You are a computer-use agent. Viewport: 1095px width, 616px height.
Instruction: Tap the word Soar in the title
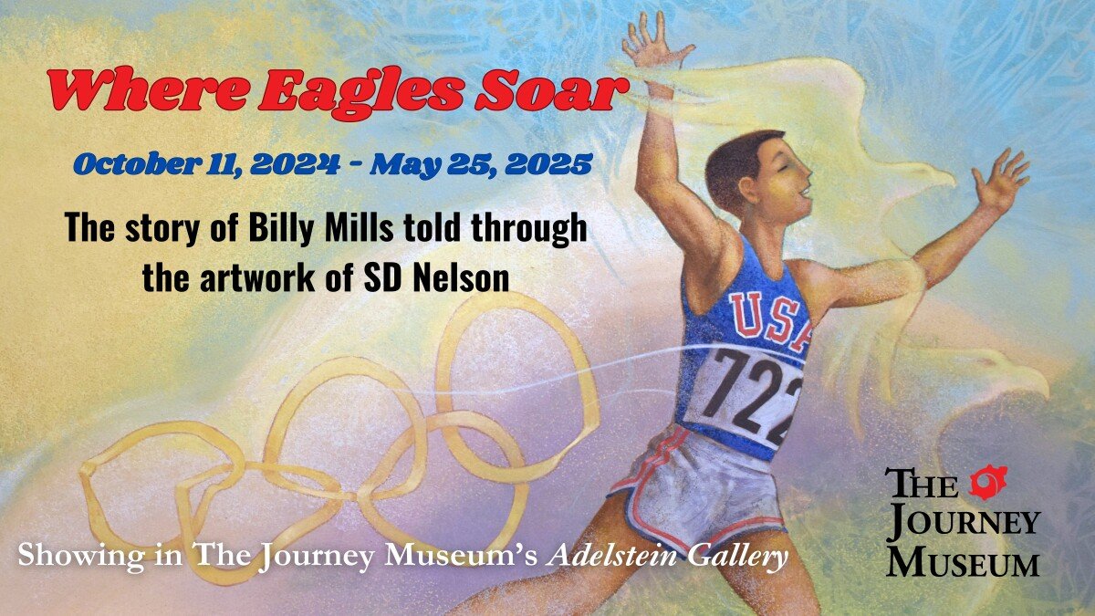click(x=551, y=90)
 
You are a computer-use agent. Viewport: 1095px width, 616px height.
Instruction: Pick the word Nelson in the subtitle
click(x=461, y=277)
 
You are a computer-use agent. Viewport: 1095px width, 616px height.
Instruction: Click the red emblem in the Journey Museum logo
click(x=988, y=482)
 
